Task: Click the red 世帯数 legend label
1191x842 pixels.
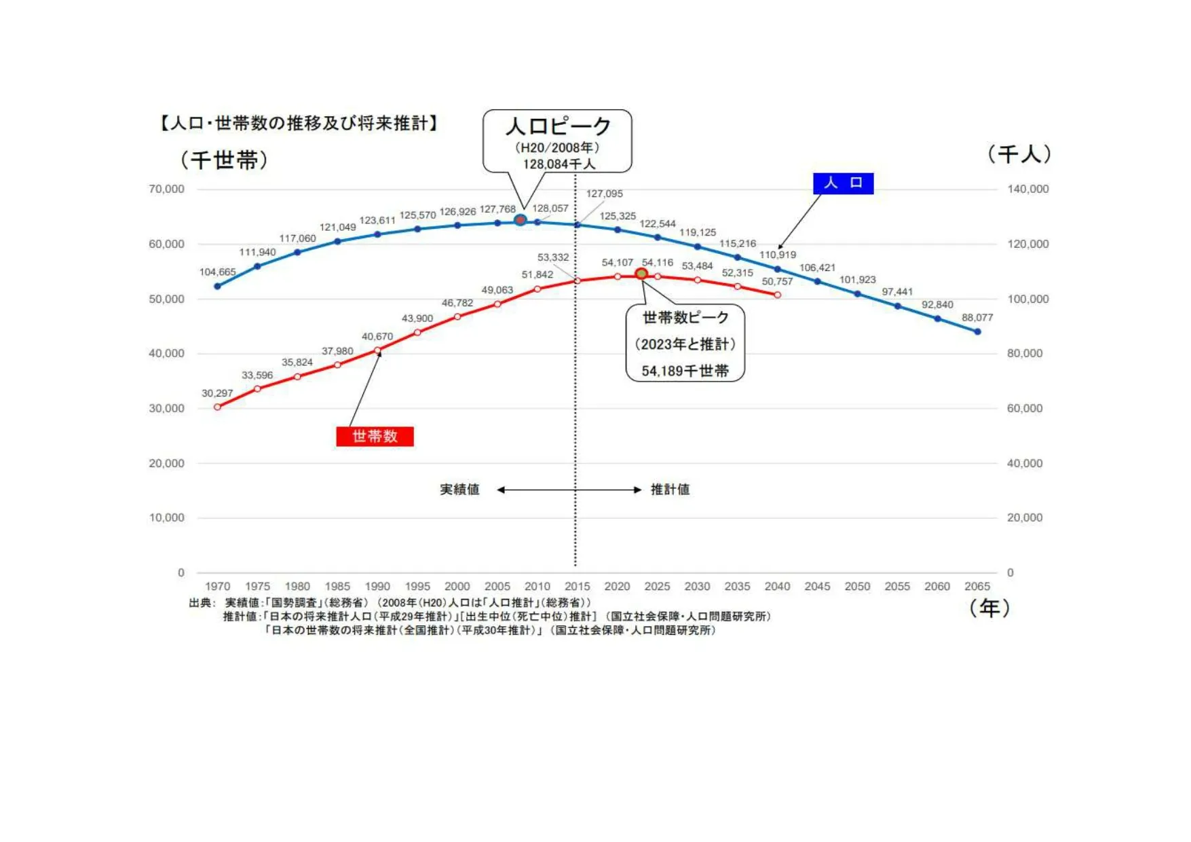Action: (x=375, y=436)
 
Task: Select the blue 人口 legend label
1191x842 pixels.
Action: (x=843, y=183)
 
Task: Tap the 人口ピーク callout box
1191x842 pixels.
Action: (x=557, y=141)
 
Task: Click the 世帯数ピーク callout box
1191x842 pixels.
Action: (x=685, y=344)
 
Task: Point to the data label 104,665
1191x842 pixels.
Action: (x=217, y=272)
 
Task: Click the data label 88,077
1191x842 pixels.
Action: (x=977, y=318)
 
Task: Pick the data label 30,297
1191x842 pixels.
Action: (x=217, y=393)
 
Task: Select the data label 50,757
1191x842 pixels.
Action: (x=777, y=281)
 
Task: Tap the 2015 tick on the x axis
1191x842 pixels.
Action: (x=577, y=586)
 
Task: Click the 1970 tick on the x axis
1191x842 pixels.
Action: (x=217, y=586)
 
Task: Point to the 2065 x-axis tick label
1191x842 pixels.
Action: (x=977, y=586)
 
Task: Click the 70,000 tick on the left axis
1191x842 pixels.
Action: (x=166, y=189)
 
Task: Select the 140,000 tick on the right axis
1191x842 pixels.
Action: (x=1027, y=189)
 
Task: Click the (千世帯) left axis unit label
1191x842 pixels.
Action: (x=224, y=160)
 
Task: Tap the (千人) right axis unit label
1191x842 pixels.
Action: (x=1019, y=154)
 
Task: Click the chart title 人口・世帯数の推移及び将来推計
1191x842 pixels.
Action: (x=299, y=123)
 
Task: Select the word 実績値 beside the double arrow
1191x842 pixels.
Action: (x=459, y=490)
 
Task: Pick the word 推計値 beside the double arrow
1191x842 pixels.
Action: (x=670, y=490)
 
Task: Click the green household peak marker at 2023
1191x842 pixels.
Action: (x=641, y=274)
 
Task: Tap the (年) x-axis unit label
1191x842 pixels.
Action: (x=989, y=608)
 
